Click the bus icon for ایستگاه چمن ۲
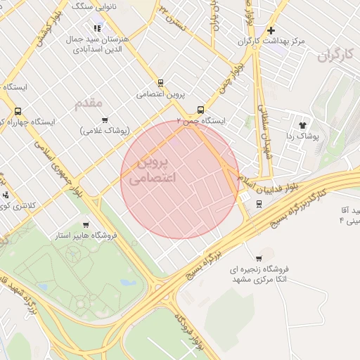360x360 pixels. pos(201,110)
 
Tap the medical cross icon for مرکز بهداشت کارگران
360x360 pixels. pos(271,30)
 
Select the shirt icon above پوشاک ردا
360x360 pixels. pos(304,124)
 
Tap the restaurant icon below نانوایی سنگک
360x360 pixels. pos(96,28)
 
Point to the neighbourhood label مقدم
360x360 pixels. pos(89,103)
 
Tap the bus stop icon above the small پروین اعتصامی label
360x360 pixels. pos(160,82)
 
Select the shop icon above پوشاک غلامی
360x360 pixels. pos(105,120)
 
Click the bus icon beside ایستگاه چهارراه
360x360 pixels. pos(18,111)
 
